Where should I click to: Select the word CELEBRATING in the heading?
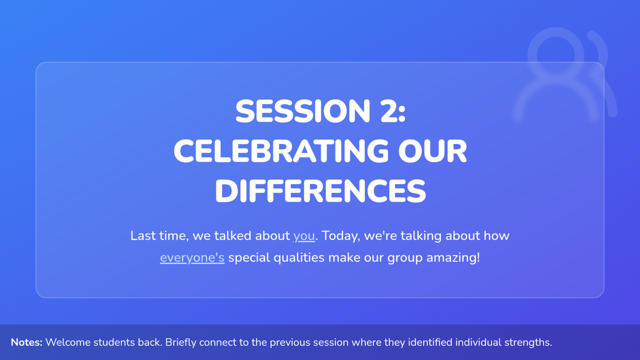coord(281,151)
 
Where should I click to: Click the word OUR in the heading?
coord(433,151)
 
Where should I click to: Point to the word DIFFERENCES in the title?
coord(321,191)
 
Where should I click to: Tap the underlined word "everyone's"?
coord(193,258)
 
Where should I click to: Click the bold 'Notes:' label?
coord(27,342)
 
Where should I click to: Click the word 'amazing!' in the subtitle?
coord(453,258)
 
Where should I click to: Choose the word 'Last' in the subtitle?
coord(143,236)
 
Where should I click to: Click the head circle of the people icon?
coord(556,55)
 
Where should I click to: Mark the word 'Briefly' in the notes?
coord(181,342)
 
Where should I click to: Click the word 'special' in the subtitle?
coord(249,258)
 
